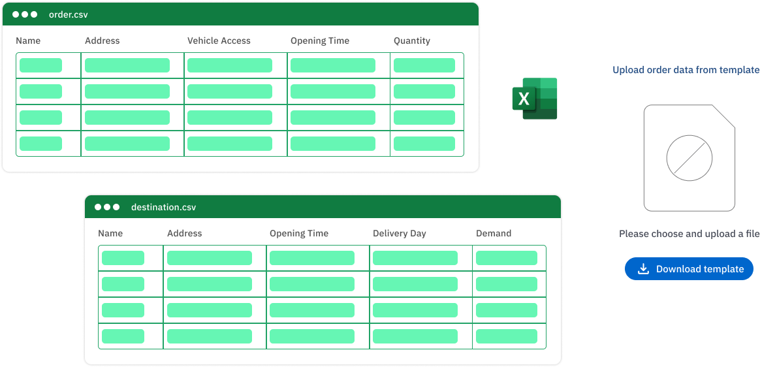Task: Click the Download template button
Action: click(689, 269)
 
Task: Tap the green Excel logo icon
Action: click(535, 99)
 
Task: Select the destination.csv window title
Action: click(163, 207)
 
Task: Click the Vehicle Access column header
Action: click(219, 40)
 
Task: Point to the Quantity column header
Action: click(411, 40)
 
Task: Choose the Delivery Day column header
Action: click(399, 233)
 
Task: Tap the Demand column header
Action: click(494, 233)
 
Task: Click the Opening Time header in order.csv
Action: click(319, 40)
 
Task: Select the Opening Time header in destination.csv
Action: click(298, 233)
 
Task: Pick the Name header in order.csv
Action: click(28, 40)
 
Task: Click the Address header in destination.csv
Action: click(184, 233)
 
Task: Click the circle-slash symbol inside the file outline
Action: click(689, 159)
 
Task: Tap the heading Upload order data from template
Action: click(686, 70)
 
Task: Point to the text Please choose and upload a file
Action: click(689, 234)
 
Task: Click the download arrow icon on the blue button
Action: click(643, 269)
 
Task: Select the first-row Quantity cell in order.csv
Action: click(424, 65)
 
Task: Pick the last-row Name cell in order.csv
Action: click(40, 144)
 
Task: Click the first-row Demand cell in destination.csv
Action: click(507, 258)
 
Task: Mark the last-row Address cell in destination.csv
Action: click(210, 336)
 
